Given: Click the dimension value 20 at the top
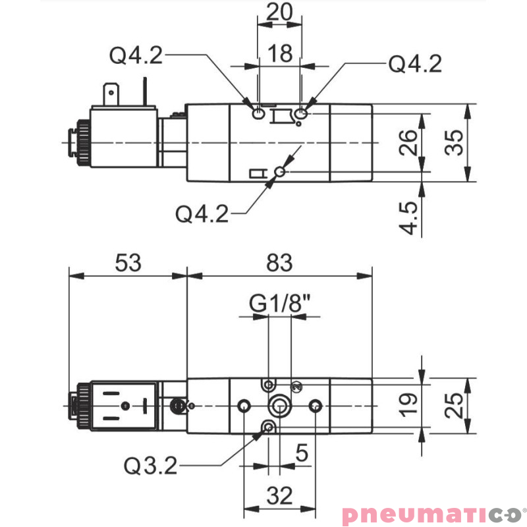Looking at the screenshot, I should [280, 13].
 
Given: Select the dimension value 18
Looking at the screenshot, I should [281, 53].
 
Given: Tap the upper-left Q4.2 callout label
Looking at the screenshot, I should [136, 56].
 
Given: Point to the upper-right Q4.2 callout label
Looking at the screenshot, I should [414, 63].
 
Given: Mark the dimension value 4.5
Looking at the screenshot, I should [408, 218].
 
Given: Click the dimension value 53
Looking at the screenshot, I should [128, 263].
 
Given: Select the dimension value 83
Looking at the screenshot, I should [280, 263].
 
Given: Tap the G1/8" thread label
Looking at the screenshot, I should [280, 304].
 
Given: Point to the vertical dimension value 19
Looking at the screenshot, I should [408, 406].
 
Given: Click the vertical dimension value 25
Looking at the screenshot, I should [454, 406].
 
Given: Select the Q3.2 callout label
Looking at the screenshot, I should [151, 466].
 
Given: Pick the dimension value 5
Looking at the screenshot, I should [302, 453].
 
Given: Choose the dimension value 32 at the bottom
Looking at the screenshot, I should [280, 495].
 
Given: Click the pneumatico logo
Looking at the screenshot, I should [431, 513].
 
